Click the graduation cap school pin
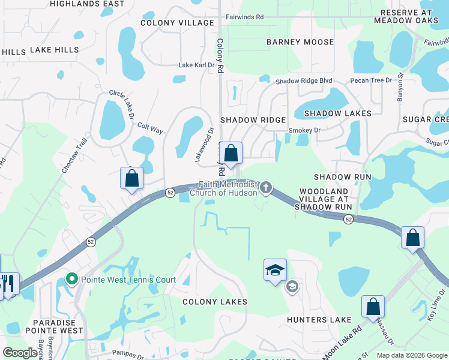[x=275, y=270]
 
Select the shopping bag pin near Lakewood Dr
[x=231, y=153]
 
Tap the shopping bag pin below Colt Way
[x=132, y=178]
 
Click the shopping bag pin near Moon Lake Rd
[x=373, y=307]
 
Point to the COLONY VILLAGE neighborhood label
[x=177, y=23]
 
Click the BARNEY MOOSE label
[x=300, y=42]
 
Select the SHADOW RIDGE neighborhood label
[x=253, y=120]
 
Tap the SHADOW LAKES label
[x=338, y=113]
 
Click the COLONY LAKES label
[x=215, y=301]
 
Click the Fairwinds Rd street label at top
[x=243, y=17]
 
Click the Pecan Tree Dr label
[x=371, y=80]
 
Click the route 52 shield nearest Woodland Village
[x=348, y=220]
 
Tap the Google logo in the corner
[x=20, y=353]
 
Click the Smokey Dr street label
[x=304, y=130]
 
